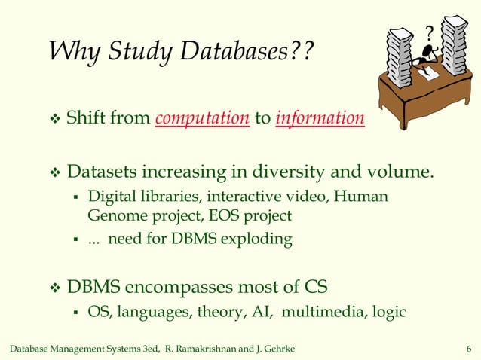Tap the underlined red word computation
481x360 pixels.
click(203, 119)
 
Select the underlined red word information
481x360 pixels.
click(321, 119)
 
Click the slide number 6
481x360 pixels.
click(470, 346)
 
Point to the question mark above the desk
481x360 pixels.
click(429, 32)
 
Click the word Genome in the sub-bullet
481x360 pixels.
click(114, 215)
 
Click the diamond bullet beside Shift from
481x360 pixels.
click(53, 119)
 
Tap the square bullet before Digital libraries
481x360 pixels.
click(75, 198)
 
